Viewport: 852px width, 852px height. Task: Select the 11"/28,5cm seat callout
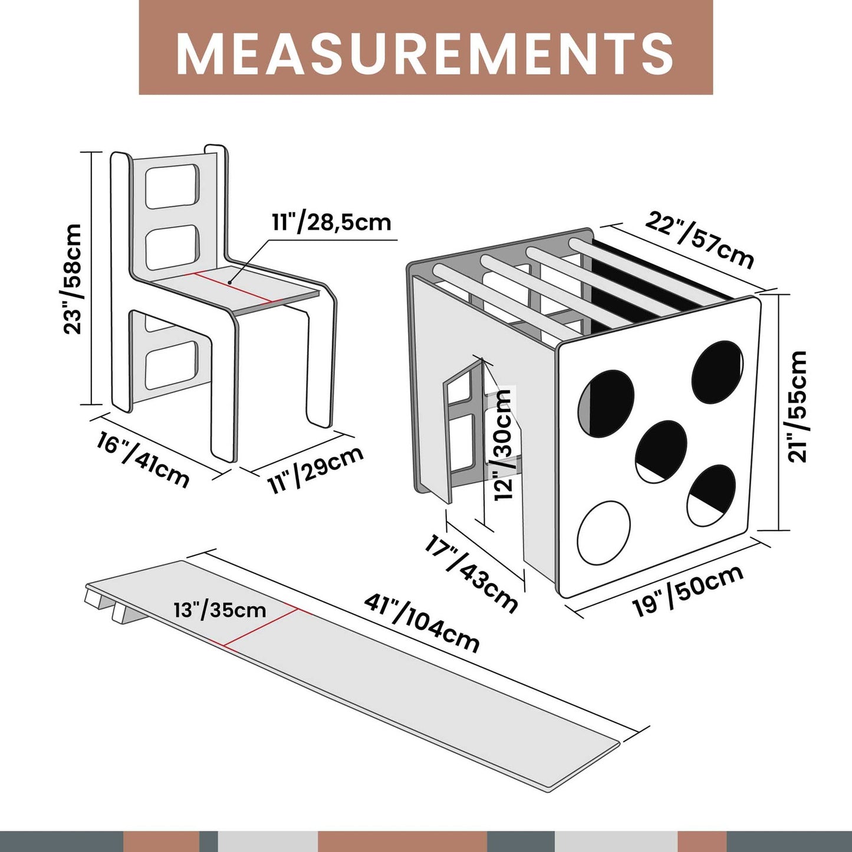(x=331, y=222)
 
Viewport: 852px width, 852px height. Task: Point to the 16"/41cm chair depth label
(x=143, y=462)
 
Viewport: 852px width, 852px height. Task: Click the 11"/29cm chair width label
(x=315, y=469)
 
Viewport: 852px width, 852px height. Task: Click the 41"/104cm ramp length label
(x=422, y=624)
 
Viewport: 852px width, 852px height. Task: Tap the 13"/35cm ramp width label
(x=220, y=611)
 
